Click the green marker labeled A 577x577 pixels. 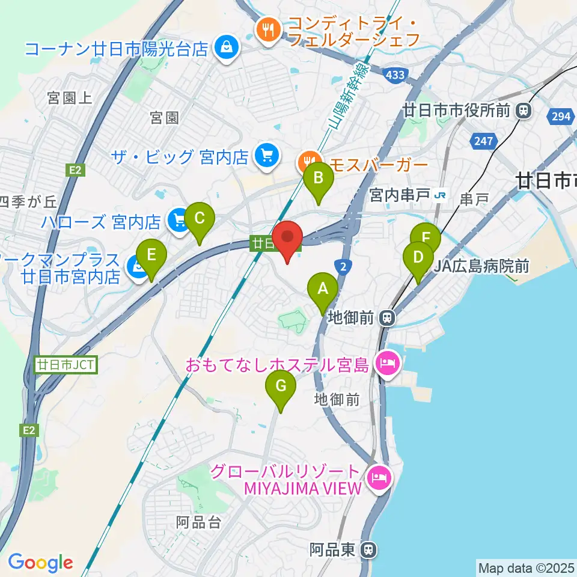click(x=323, y=290)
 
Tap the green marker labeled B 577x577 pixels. click(x=318, y=179)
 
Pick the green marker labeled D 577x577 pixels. click(x=418, y=258)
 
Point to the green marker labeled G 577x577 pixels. click(x=281, y=386)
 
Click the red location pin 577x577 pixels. click(x=287, y=239)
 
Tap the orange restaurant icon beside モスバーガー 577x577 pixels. click(x=307, y=162)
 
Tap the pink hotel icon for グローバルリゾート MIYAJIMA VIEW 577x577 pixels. click(x=380, y=477)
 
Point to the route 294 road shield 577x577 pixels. click(x=561, y=117)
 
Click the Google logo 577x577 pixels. click(x=40, y=563)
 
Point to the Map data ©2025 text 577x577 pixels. click(x=525, y=567)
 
